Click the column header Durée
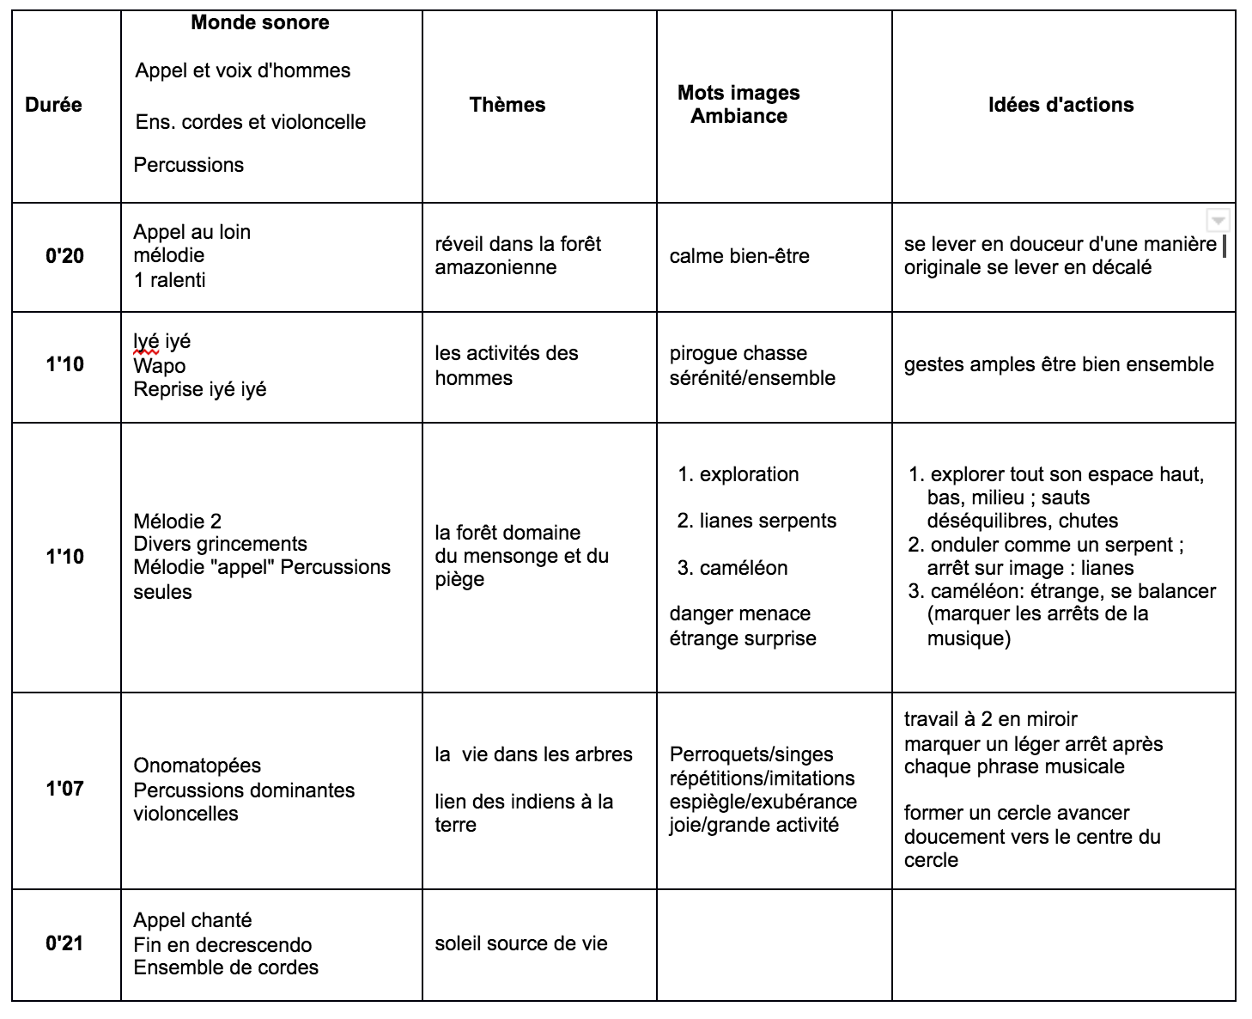(x=53, y=105)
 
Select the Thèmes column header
(x=507, y=105)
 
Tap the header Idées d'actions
(x=1061, y=105)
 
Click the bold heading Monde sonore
(x=259, y=23)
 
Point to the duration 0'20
(x=64, y=256)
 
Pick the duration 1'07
(x=64, y=789)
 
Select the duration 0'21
(x=64, y=943)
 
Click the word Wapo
(x=159, y=366)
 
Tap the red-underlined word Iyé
(x=146, y=342)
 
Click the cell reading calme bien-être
(x=739, y=256)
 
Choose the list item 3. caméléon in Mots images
(x=732, y=568)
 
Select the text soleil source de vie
(x=520, y=943)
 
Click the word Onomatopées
(x=197, y=766)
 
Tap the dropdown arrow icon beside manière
(x=1218, y=220)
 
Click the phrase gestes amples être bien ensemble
(x=1059, y=364)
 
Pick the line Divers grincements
(x=220, y=544)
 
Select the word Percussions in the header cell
(x=188, y=165)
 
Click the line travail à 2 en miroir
(x=990, y=719)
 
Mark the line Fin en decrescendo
(x=222, y=945)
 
